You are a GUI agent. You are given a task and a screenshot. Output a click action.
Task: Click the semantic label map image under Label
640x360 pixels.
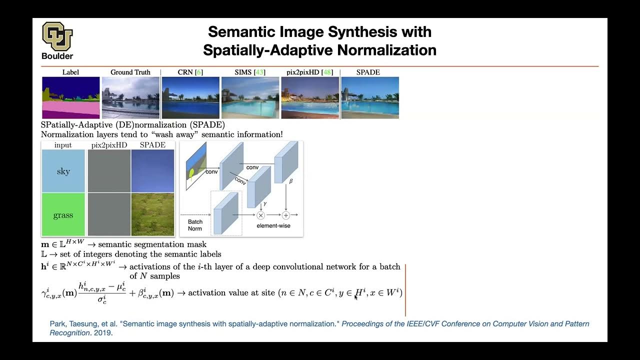(x=70, y=97)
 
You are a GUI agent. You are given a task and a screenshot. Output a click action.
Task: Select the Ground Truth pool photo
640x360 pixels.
(x=130, y=97)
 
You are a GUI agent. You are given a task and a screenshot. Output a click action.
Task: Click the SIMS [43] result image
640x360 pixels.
(x=250, y=97)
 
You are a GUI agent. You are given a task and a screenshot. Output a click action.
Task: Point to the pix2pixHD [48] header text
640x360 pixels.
(x=309, y=72)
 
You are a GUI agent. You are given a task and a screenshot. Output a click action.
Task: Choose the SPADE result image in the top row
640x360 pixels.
(x=369, y=97)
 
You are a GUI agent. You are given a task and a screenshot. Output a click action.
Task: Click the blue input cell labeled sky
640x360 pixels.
(x=63, y=171)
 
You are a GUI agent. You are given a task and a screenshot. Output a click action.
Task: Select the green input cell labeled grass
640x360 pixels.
(x=63, y=214)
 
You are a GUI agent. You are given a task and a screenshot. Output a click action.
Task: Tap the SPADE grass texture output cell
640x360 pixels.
(x=152, y=214)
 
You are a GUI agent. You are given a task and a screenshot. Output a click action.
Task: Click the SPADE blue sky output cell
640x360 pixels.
(x=152, y=171)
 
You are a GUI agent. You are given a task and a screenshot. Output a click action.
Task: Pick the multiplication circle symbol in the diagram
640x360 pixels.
(x=260, y=215)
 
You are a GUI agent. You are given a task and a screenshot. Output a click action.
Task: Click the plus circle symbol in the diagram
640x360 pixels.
(x=286, y=215)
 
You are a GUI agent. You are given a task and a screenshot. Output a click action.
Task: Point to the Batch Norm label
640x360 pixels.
(x=195, y=225)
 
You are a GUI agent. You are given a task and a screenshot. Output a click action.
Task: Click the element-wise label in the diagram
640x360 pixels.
(x=273, y=226)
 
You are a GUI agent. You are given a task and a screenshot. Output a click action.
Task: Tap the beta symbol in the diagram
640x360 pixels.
(x=291, y=182)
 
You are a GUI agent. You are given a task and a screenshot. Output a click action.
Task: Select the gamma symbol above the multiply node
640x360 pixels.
(x=265, y=204)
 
